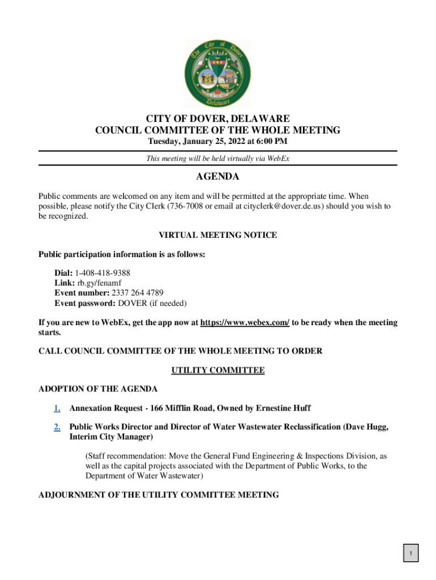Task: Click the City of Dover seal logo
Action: point(217,74)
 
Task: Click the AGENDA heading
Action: point(217,177)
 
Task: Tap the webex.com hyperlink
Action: point(245,323)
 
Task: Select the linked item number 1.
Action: point(57,408)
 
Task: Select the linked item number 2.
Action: point(57,427)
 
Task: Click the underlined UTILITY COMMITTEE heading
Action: point(217,370)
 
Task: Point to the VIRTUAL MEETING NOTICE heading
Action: point(217,235)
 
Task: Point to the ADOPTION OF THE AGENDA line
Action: point(97,389)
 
